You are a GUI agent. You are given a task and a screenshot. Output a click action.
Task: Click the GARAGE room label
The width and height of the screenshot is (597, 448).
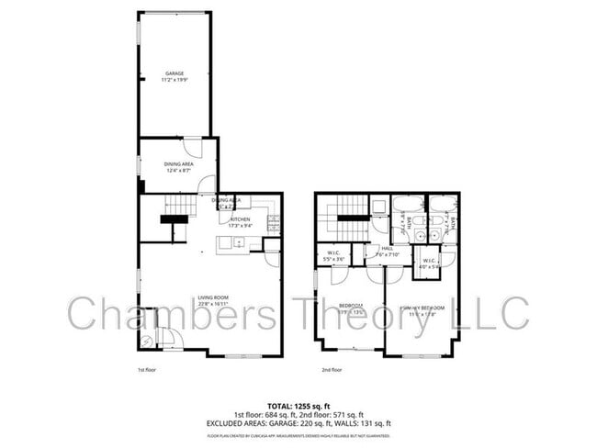[x=175, y=73]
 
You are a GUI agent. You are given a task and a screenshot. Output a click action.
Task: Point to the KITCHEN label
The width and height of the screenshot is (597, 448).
[x=241, y=219]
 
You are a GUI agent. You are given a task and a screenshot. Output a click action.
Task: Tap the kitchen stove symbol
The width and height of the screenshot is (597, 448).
[x=273, y=222]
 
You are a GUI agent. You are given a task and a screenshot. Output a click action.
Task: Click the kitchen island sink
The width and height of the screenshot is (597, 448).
[x=238, y=243]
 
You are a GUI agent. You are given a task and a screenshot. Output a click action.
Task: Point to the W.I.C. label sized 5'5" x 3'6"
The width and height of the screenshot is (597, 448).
[x=335, y=256]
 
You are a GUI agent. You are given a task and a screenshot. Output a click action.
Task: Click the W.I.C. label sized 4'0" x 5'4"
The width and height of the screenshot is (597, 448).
[x=430, y=263]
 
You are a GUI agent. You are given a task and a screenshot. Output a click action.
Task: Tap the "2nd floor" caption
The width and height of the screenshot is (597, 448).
[x=332, y=371]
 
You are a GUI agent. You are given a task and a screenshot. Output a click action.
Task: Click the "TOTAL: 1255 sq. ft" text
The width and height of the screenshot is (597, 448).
[x=298, y=406]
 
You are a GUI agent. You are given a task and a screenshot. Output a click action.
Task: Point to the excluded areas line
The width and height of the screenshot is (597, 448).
[x=298, y=422]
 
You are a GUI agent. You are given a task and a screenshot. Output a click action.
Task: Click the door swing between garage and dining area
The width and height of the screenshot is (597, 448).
[x=191, y=147]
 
